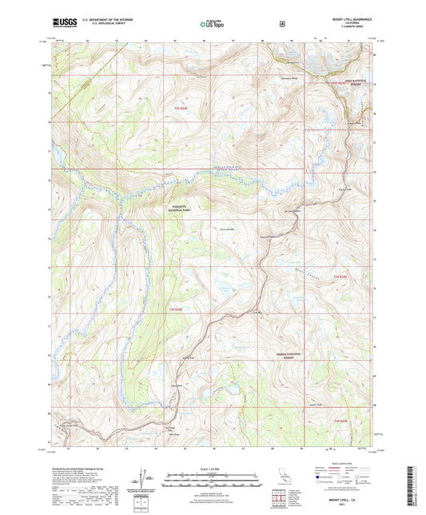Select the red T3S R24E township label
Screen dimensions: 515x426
coord(179,308)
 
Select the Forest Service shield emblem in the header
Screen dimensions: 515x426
coord(281,24)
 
